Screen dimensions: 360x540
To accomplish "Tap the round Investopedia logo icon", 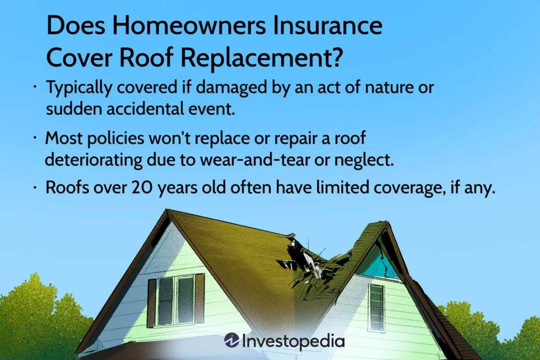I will tap(232, 341).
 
